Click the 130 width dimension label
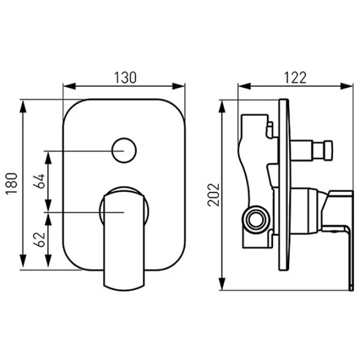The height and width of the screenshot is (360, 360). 125,77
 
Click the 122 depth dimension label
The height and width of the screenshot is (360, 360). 295,77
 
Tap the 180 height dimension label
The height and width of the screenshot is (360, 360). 11,184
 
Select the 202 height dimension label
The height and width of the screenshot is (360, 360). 214,194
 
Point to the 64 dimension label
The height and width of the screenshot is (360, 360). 39,181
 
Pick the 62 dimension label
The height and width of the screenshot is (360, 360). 39,239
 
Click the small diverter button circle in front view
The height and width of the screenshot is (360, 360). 124,151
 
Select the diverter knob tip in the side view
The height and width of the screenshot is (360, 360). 328,151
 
